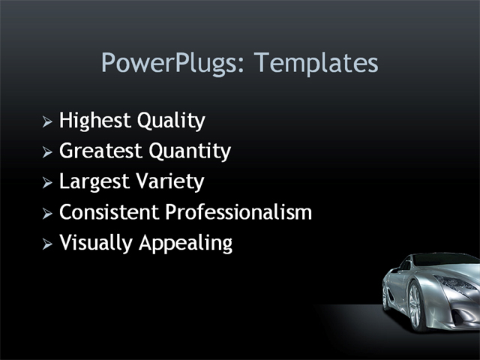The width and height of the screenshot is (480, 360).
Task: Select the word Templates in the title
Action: [x=316, y=63]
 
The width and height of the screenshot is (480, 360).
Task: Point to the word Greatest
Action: [x=100, y=151]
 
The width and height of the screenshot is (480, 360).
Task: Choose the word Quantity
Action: [x=189, y=151]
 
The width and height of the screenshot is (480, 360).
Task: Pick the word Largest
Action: [x=94, y=182]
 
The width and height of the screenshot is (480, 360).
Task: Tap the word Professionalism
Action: [x=238, y=212]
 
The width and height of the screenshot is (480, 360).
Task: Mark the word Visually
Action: [x=93, y=244]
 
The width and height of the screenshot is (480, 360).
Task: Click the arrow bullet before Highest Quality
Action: [x=47, y=121]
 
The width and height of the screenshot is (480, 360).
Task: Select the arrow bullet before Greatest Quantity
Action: [x=47, y=152]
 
